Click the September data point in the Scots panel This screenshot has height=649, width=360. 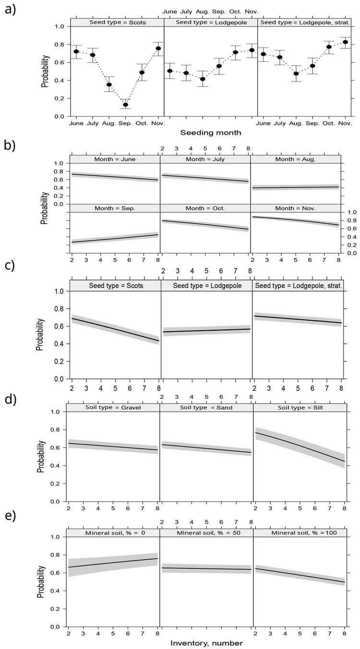(126, 105)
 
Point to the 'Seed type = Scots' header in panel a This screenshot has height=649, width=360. (117, 22)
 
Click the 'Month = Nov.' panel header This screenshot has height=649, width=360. (295, 208)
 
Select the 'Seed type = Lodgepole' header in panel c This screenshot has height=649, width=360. (206, 285)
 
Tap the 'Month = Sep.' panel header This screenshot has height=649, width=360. (115, 208)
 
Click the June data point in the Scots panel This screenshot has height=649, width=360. (76, 51)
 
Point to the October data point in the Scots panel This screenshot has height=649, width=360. (142, 72)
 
